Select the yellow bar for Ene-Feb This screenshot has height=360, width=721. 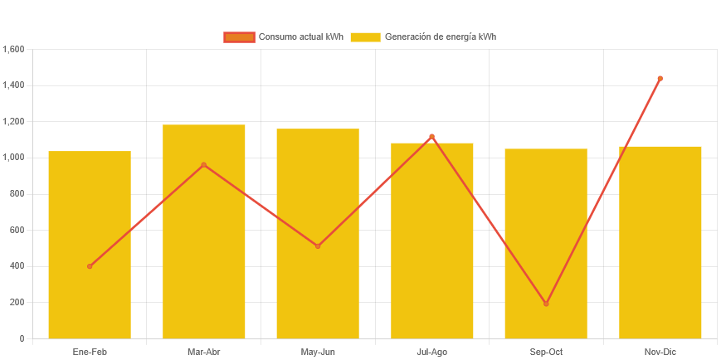90,245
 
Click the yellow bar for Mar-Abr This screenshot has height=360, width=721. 204,231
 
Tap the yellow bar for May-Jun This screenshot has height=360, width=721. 318,233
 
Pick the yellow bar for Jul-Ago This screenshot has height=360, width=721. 432,241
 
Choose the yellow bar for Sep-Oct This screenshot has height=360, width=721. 546,243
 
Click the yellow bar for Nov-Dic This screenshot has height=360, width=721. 660,242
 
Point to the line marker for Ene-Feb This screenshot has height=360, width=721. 90,266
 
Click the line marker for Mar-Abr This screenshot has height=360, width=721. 204,165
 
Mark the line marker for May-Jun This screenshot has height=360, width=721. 318,246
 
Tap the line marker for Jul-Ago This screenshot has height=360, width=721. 432,137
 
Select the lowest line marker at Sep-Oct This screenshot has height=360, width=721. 546,304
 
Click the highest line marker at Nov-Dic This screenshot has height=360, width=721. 660,79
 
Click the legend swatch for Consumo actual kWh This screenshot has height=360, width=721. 239,36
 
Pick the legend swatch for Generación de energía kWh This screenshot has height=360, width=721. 365,36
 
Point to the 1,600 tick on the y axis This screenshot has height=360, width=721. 14,49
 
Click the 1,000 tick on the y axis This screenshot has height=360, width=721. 14,158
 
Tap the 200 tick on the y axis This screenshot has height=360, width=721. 17,302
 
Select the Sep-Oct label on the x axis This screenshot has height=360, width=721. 546,352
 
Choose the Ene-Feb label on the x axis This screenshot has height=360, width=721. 90,352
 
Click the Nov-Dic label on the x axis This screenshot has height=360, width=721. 660,352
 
